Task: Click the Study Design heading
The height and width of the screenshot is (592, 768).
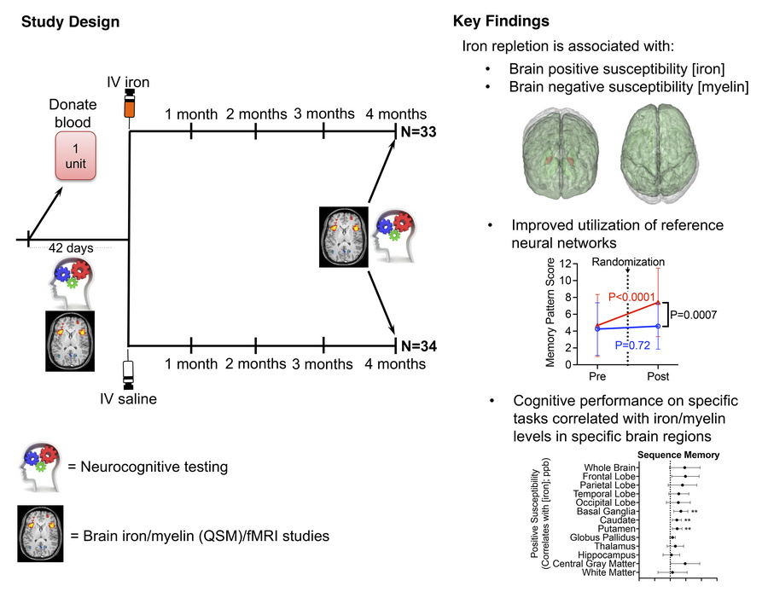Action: (x=70, y=20)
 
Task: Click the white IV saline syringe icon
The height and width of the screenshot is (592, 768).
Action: (x=129, y=372)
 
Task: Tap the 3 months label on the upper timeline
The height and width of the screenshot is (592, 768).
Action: (x=323, y=113)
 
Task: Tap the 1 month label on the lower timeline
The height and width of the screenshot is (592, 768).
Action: (x=191, y=364)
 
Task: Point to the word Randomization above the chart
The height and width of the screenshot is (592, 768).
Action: (x=628, y=262)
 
